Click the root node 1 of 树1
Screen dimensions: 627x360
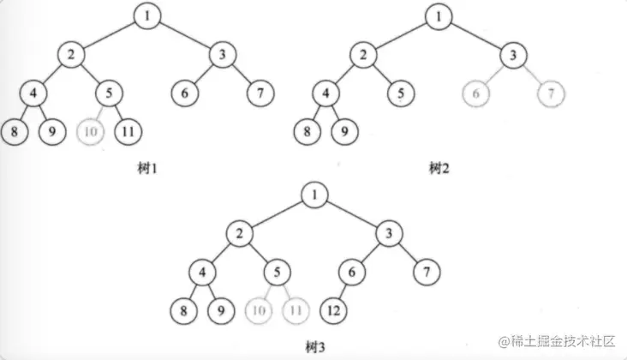147,16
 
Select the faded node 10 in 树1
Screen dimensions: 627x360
91,132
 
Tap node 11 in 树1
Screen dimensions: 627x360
128,132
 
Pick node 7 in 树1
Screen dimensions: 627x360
260,93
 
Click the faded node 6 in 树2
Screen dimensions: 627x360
476,93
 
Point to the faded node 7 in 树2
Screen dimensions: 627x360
552,93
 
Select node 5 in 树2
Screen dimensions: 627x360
401,93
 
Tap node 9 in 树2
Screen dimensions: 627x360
344,132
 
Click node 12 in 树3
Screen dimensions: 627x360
333,310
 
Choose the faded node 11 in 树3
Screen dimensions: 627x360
296,310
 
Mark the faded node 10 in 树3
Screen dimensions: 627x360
259,310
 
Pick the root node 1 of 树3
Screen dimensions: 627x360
314,195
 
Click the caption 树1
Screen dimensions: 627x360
147,168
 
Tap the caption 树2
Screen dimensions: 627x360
439,168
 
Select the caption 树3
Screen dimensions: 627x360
315,347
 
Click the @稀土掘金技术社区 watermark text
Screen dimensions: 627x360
556,341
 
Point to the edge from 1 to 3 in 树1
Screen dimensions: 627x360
185,35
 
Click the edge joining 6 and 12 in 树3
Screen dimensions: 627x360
343,291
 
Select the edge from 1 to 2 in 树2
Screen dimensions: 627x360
401,36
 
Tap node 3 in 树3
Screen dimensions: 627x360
390,233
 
